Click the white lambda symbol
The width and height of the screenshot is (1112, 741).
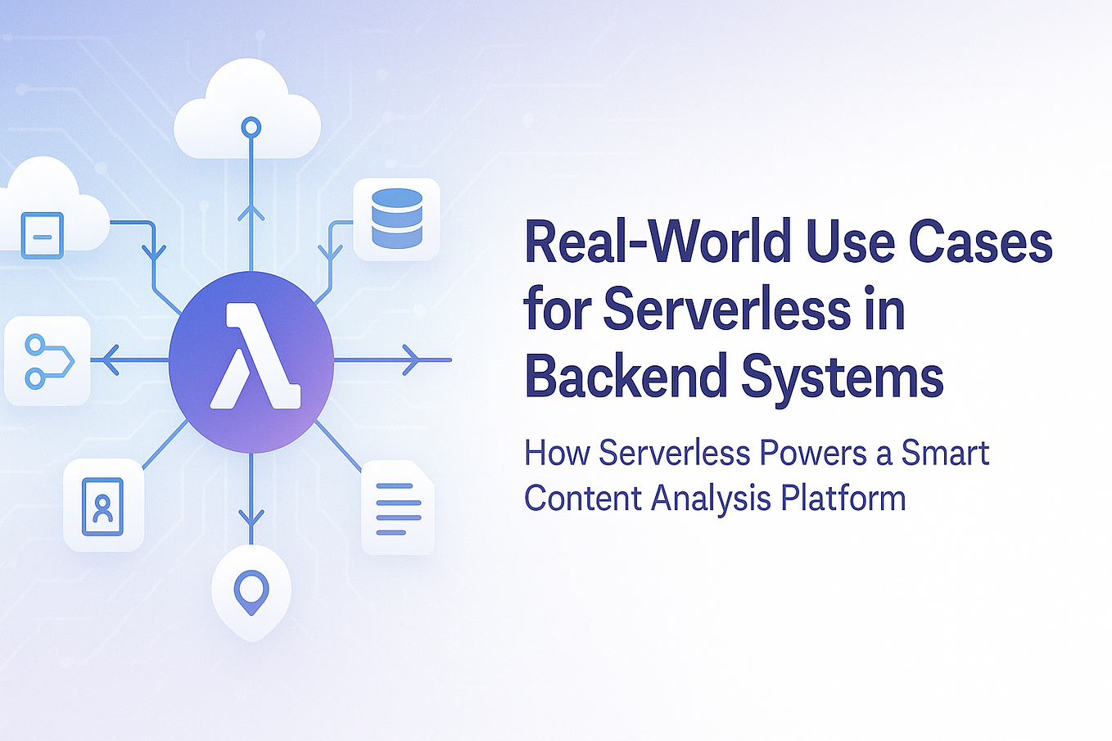[x=254, y=356]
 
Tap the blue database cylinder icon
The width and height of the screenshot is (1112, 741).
[x=396, y=218]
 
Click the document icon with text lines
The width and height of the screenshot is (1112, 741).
[x=398, y=508]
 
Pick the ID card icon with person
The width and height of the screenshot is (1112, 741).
[x=103, y=506]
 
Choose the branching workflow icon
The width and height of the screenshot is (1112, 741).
[x=48, y=360]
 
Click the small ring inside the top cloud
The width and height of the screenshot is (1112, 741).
[x=251, y=127]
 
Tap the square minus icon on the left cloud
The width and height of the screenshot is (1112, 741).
[x=43, y=236]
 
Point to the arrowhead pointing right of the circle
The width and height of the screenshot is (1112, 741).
[x=413, y=359]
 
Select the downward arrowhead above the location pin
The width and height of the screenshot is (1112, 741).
[x=251, y=516]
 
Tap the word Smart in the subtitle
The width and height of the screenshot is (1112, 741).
[x=945, y=453]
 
